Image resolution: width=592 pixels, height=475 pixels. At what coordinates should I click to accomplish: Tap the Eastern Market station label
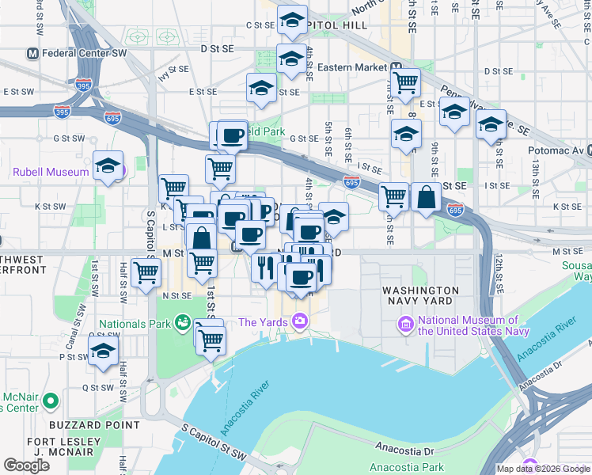click(x=351, y=68)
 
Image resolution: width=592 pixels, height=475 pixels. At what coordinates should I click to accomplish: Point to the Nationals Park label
click(x=135, y=324)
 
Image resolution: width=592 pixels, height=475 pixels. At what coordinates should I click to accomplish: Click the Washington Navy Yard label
click(x=419, y=295)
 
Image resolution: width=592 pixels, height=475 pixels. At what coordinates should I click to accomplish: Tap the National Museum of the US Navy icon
click(x=406, y=324)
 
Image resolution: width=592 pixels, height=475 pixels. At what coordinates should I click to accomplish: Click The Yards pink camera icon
click(x=299, y=321)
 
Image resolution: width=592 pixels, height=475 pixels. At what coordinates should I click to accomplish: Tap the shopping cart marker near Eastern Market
click(x=406, y=82)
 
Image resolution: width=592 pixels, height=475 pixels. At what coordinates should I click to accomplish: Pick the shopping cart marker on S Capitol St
click(x=146, y=272)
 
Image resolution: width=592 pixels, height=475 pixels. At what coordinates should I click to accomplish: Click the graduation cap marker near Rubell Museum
click(x=108, y=165)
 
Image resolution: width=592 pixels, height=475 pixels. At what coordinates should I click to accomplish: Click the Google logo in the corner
click(x=26, y=465)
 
